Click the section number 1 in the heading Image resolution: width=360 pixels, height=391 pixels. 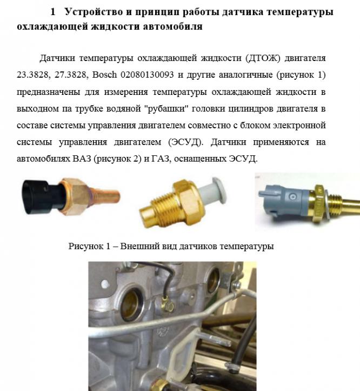[x=53, y=12]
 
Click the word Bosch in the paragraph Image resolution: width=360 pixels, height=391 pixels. [x=104, y=74]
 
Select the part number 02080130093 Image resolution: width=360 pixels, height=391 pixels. [x=147, y=74]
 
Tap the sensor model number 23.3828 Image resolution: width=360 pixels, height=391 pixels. [x=32, y=74]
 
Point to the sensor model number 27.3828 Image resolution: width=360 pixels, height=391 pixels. [x=70, y=74]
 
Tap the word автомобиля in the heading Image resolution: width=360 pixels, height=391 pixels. [x=173, y=26]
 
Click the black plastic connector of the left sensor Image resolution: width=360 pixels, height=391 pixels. [x=40, y=196]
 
